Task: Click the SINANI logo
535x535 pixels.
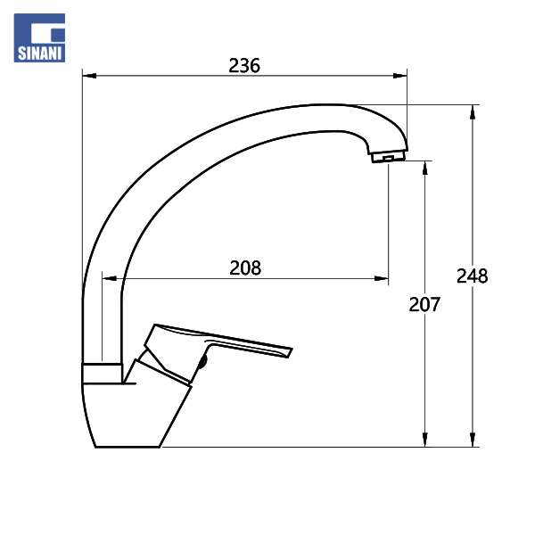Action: tap(39, 37)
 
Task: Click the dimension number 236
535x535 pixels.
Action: tap(244, 65)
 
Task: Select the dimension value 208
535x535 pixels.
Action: tap(245, 267)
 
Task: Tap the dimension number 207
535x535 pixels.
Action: tap(424, 304)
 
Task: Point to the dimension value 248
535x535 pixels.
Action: tap(473, 276)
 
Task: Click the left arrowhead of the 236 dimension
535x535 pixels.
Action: tap(89, 76)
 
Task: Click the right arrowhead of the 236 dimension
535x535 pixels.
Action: tap(399, 76)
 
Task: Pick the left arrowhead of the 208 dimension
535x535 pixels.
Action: tap(110, 279)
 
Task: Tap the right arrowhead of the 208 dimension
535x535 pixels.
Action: tap(381, 279)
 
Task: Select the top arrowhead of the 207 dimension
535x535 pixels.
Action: tap(424, 168)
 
